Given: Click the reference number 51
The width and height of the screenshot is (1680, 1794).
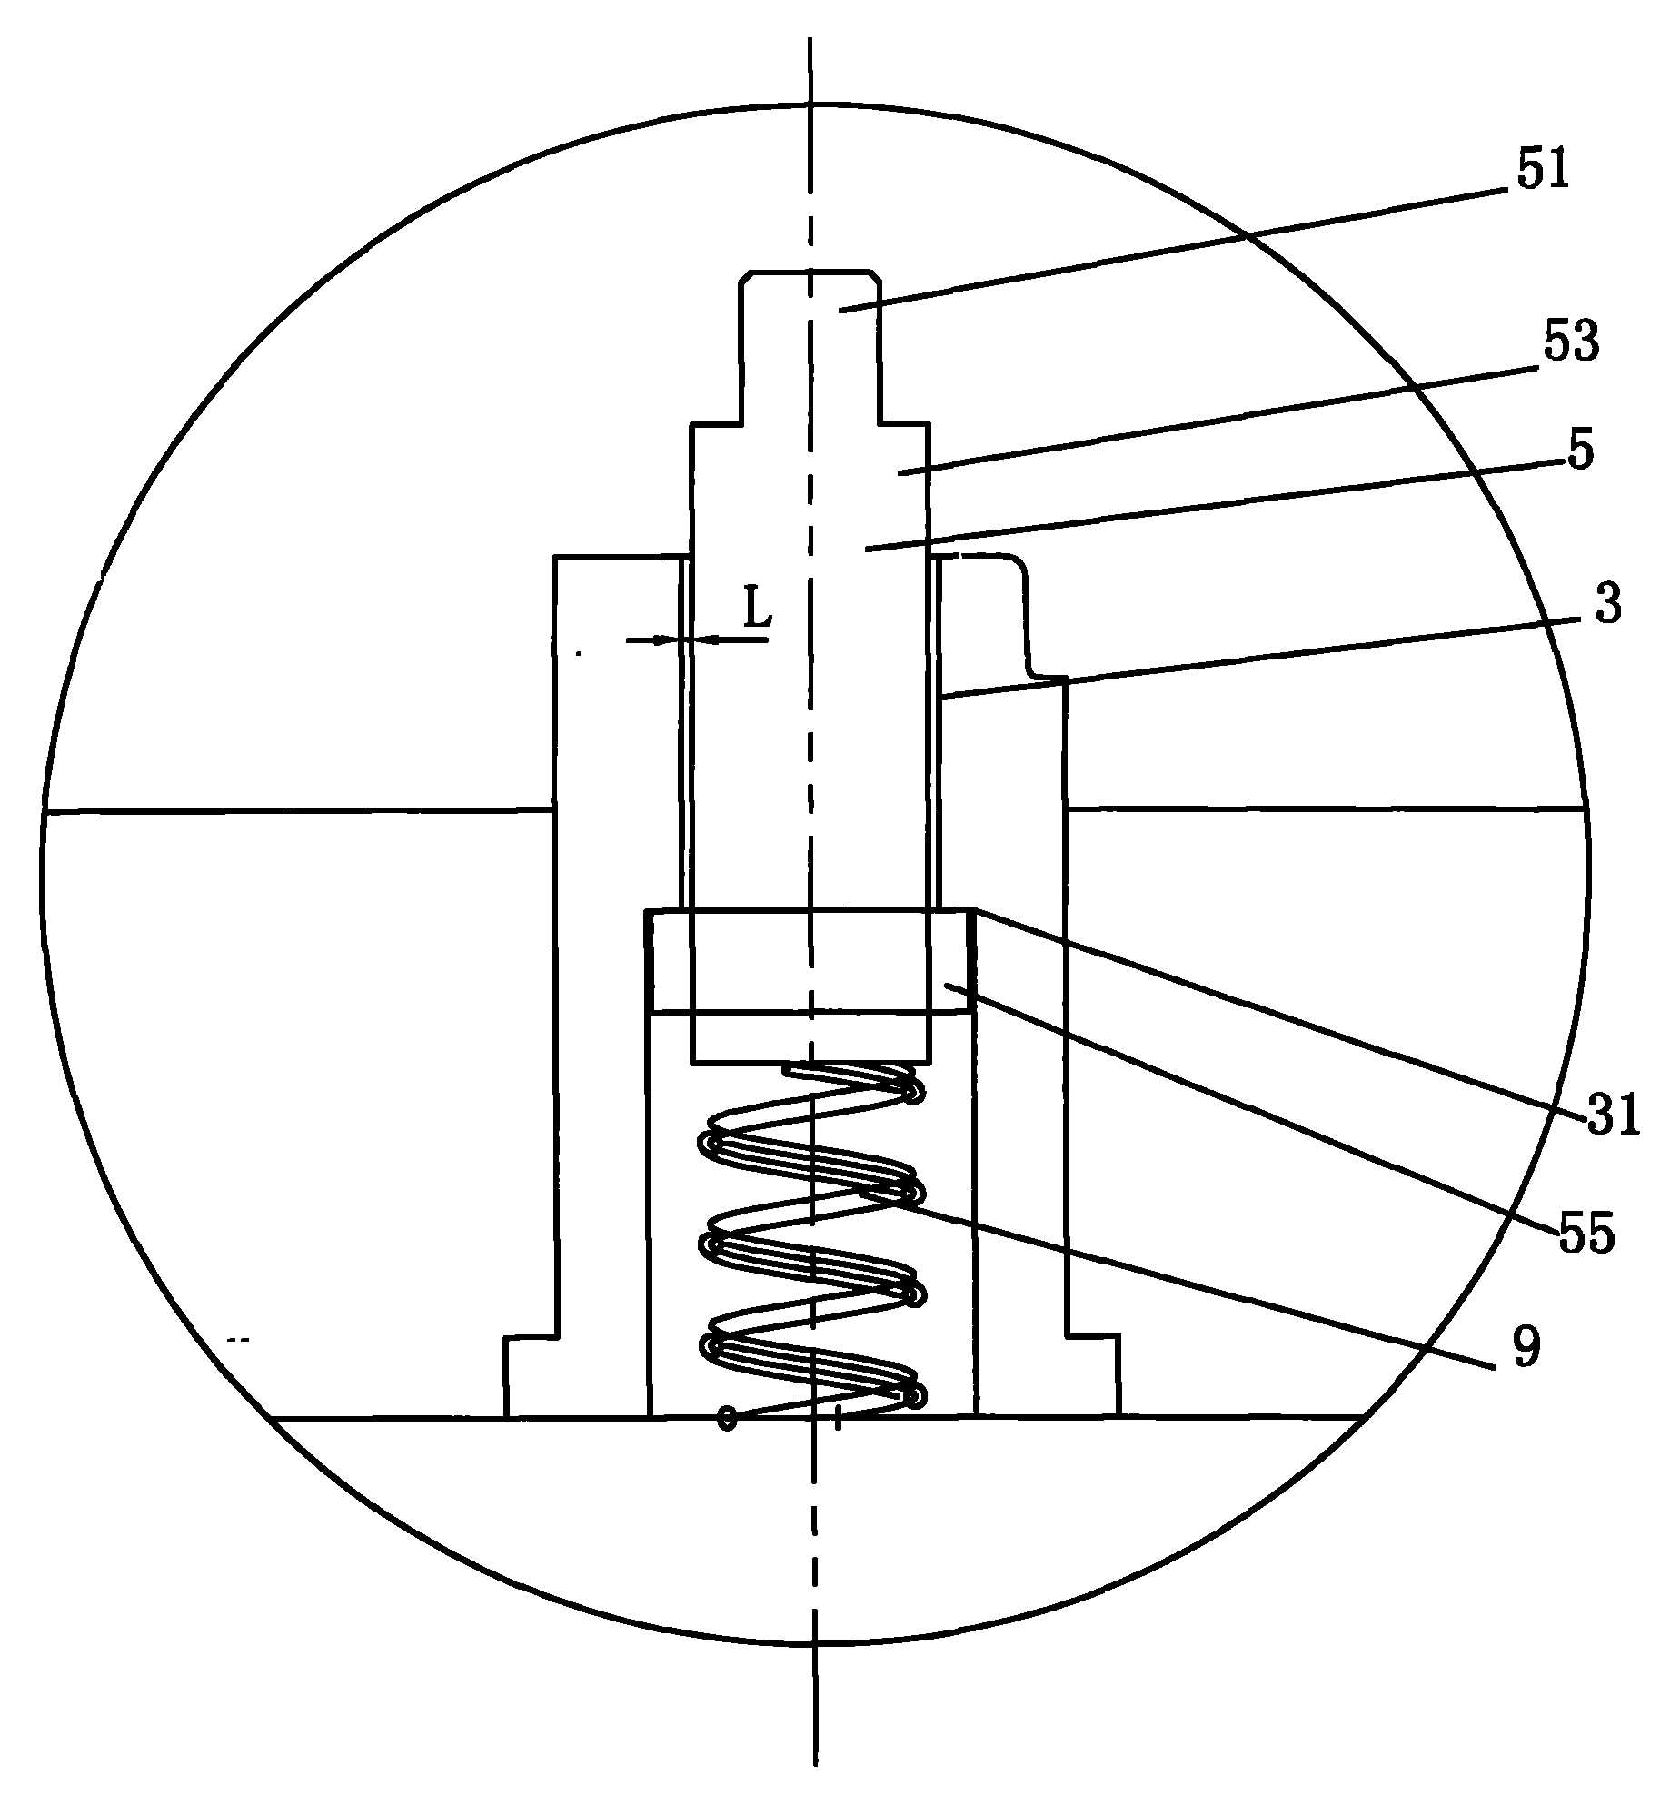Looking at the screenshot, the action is pos(1544,172).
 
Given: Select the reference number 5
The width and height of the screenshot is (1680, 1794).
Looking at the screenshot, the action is pos(1580,451).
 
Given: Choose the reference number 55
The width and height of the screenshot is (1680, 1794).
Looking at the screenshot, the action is pos(1587,1234).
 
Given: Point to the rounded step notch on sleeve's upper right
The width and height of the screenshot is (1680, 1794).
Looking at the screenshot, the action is pos(1027,618).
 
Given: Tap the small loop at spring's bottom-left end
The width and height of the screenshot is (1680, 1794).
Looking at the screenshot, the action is pos(726,1417).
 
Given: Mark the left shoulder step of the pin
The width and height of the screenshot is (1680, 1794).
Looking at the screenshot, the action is pos(714,423).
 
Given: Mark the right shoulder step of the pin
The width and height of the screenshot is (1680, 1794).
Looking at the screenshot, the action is pos(904,423).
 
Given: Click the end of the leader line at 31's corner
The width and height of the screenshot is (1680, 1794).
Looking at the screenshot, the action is pos(974,908).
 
